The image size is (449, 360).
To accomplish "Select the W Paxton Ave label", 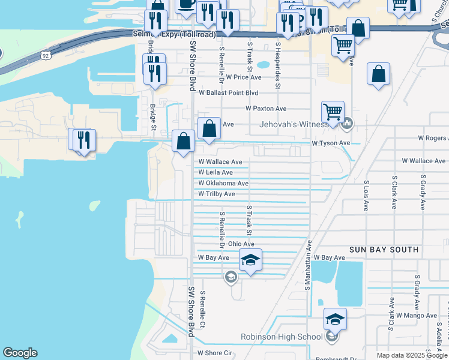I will tap(266, 109).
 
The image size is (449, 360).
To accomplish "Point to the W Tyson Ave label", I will tap(330, 143).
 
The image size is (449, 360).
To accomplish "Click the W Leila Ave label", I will tap(215, 172).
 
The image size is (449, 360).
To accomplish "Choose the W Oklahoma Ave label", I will tap(223, 184).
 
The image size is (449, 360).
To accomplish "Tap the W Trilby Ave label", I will tap(217, 194).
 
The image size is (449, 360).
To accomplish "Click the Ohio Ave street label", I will tap(241, 244).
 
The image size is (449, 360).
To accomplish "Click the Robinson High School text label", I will tap(282, 337).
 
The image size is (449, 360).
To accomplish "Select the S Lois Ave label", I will tap(366, 196).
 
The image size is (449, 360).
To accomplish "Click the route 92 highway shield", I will tap(46, 55).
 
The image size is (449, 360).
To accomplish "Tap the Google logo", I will tap(20, 353).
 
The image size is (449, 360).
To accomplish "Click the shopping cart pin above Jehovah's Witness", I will tap(333, 111).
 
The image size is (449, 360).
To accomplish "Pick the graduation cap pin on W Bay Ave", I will tap(250, 260).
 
